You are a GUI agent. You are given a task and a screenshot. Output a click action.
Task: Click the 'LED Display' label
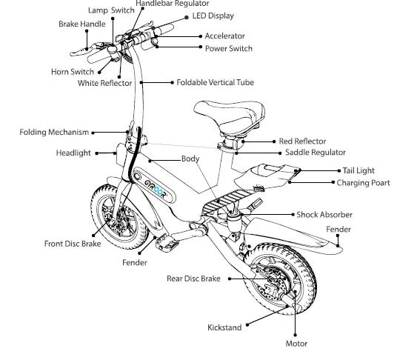pyautogui.click(x=214, y=16)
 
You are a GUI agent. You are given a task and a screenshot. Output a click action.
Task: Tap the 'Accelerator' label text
pyautogui.click(x=224, y=36)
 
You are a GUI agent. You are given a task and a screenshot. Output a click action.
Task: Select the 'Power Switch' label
pyautogui.click(x=228, y=49)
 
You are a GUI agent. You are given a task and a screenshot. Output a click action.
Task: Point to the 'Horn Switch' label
pyautogui.click(x=72, y=72)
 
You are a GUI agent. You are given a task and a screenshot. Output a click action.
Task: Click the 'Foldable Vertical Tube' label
pyautogui.click(x=215, y=82)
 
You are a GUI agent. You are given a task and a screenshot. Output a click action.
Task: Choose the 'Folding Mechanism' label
pyautogui.click(x=54, y=133)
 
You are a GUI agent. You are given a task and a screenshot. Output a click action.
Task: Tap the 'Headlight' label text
pyautogui.click(x=73, y=153)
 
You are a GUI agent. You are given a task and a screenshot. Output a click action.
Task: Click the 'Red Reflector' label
pyautogui.click(x=301, y=141)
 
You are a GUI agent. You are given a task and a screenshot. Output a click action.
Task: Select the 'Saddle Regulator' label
pyautogui.click(x=315, y=153)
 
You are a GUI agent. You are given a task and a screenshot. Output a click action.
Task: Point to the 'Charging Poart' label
pyautogui.click(x=363, y=182)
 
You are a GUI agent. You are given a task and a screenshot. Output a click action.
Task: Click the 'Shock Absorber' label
pyautogui.click(x=324, y=215)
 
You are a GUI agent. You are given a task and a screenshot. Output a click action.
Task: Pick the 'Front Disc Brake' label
pyautogui.click(x=73, y=243)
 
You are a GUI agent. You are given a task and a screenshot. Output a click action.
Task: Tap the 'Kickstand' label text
pyautogui.click(x=224, y=327)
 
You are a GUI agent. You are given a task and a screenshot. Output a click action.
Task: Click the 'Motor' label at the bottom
pyautogui.click(x=296, y=344)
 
